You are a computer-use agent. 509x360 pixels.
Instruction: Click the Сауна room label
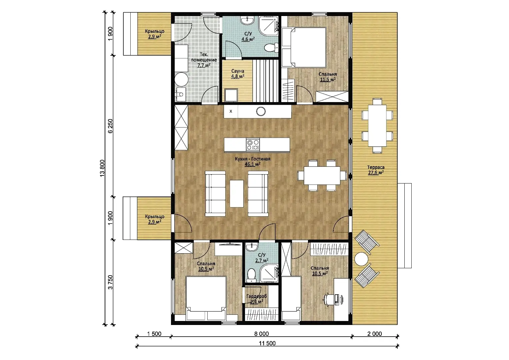pyautogui.click(x=238, y=71)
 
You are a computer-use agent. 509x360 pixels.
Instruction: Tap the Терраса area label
pyautogui.click(x=376, y=167)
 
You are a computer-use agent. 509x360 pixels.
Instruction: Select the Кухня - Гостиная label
pyautogui.click(x=253, y=159)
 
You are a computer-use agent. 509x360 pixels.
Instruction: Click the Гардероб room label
pyautogui.click(x=257, y=296)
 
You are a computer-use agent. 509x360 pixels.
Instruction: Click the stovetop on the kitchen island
pyautogui.click(x=253, y=145)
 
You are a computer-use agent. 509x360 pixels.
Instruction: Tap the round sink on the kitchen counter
pyautogui.click(x=261, y=111)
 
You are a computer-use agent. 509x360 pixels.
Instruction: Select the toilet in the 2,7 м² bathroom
pyautogui.click(x=251, y=275)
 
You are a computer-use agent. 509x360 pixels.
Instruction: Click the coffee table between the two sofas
pyautogui.click(x=237, y=194)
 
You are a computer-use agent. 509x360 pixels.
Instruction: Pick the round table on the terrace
pyautogui.click(x=361, y=259)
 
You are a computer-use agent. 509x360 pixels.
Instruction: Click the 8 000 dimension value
pyautogui.click(x=261, y=334)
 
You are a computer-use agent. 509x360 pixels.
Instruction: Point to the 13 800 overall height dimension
pyautogui.click(x=102, y=168)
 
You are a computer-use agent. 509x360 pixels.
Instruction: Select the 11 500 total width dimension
pyautogui.click(x=267, y=343)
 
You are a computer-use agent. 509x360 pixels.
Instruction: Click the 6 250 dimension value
pyautogui.click(x=110, y=126)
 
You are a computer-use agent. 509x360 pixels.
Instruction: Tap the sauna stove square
pyautogui.click(x=231, y=95)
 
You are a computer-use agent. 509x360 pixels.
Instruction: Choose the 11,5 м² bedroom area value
pyautogui.click(x=328, y=80)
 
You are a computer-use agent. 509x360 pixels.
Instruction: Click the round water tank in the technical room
pyautogui.click(x=181, y=79)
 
